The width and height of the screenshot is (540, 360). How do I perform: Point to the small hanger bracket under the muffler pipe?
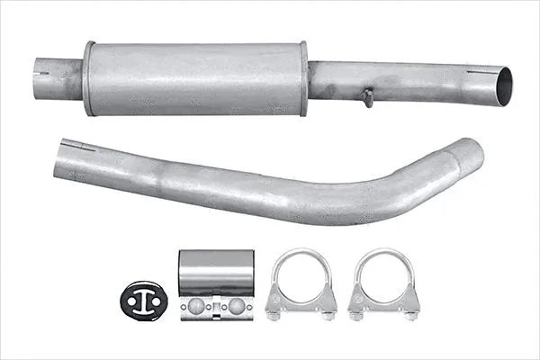click(367, 97)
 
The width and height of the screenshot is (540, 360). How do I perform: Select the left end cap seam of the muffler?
click(89, 78)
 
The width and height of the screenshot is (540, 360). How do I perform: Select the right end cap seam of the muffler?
click(303, 78)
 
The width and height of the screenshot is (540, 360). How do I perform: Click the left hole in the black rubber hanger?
click(133, 302)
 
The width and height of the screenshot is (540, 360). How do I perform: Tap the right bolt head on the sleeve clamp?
click(237, 306)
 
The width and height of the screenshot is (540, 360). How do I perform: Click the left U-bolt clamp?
click(301, 283)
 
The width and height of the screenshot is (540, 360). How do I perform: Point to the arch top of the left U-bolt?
click(301, 254)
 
